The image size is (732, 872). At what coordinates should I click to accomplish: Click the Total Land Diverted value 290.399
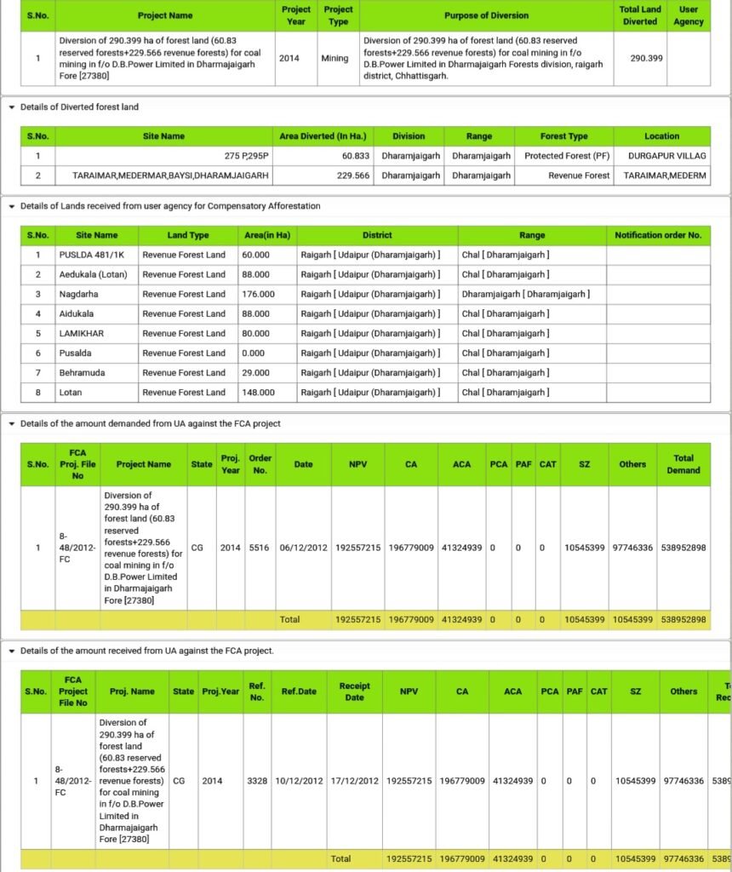[646, 59]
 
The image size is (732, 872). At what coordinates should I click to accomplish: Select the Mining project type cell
[335, 59]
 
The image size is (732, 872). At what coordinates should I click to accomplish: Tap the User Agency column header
[688, 15]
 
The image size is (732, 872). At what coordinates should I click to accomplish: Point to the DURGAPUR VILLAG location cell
[666, 156]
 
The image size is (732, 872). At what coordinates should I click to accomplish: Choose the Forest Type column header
[563, 136]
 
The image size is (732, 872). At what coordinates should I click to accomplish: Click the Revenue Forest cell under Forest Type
[579, 175]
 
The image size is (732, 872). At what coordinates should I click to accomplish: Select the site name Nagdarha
[78, 294]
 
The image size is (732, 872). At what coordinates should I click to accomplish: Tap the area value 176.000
[259, 294]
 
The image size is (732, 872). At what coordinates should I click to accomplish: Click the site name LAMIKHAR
[81, 333]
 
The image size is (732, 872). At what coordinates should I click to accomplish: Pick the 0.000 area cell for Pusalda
[253, 353]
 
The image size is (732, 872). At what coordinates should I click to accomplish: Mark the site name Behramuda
[83, 372]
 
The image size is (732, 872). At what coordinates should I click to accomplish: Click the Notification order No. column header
[658, 235]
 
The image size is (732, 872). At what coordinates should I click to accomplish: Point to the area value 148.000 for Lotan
[259, 392]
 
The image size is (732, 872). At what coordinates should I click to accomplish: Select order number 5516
[260, 548]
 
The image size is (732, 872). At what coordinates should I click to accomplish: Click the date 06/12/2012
[303, 548]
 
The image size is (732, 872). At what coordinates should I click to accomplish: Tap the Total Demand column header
[683, 464]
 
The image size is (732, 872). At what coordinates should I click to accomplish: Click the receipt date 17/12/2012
[354, 780]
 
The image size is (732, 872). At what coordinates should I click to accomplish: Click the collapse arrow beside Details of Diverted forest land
[11, 107]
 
